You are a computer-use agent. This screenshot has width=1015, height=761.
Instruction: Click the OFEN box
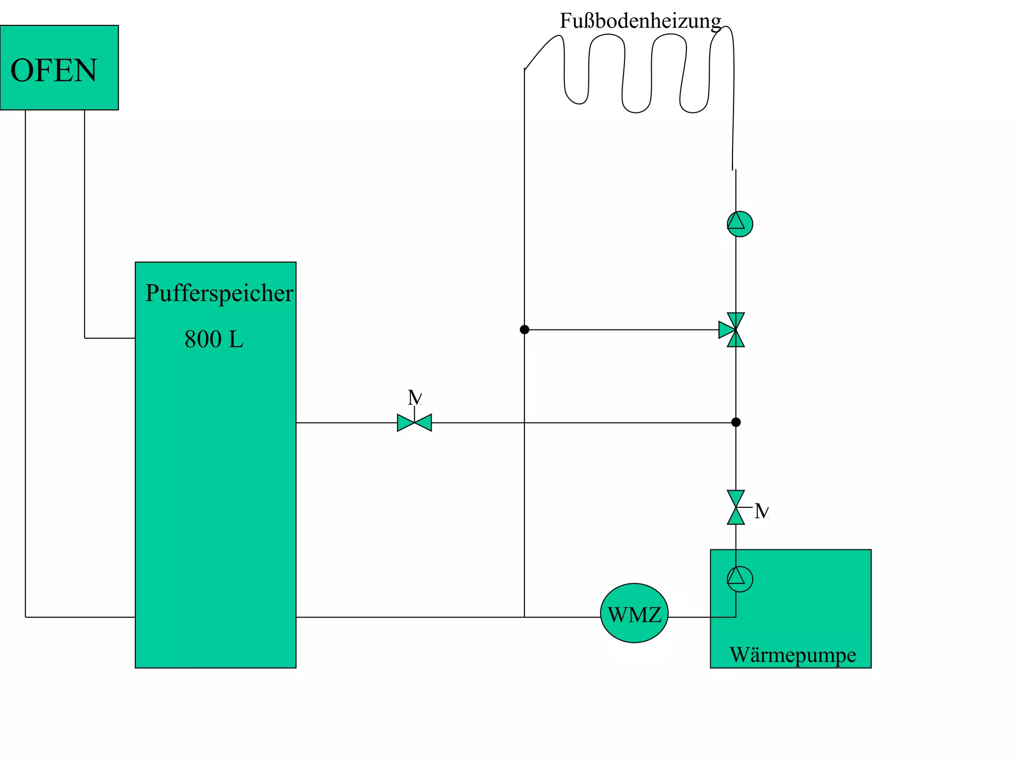pyautogui.click(x=59, y=67)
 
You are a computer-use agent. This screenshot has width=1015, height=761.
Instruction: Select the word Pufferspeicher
pyautogui.click(x=219, y=293)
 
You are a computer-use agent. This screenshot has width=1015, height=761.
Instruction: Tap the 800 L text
pyautogui.click(x=214, y=339)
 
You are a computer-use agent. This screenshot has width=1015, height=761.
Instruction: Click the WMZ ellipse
pyautogui.click(x=634, y=613)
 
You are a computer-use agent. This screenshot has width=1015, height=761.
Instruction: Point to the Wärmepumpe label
pyautogui.click(x=792, y=654)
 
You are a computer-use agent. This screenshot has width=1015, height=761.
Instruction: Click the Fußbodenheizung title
pyautogui.click(x=640, y=21)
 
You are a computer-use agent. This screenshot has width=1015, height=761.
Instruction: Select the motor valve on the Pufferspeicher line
pyautogui.click(x=414, y=423)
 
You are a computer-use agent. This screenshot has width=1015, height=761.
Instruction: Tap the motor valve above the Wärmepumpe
pyautogui.click(x=735, y=507)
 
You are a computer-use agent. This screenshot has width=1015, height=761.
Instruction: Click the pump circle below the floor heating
pyautogui.click(x=739, y=224)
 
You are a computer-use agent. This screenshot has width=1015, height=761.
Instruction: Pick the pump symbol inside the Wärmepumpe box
pyautogui.click(x=739, y=579)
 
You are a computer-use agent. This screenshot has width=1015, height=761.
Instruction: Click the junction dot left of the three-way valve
pyautogui.click(x=524, y=329)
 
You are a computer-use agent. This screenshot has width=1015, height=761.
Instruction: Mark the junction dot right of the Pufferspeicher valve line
pyautogui.click(x=736, y=422)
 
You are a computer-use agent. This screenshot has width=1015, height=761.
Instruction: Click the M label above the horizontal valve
pyautogui.click(x=414, y=397)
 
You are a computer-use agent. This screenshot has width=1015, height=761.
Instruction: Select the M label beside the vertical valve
pyautogui.click(x=761, y=511)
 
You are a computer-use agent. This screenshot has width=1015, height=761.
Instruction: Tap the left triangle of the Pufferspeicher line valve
pyautogui.click(x=405, y=423)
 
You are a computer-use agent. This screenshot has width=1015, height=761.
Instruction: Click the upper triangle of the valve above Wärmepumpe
pyautogui.click(x=735, y=498)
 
